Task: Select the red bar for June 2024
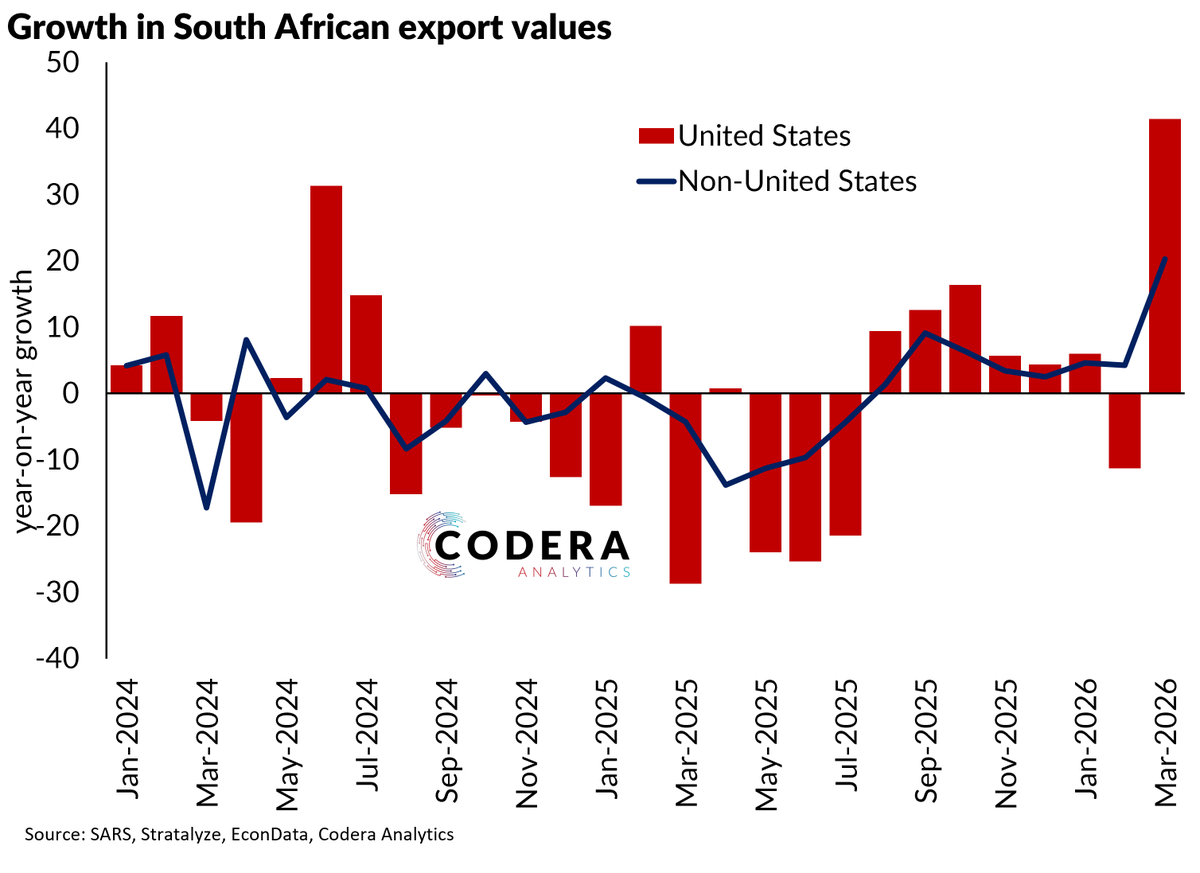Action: pyautogui.click(x=326, y=290)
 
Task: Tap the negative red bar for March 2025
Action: pyautogui.click(x=685, y=488)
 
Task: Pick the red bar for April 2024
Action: pyautogui.click(x=246, y=458)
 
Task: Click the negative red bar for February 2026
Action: pyautogui.click(x=1124, y=431)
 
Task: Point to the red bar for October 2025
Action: pyautogui.click(x=965, y=339)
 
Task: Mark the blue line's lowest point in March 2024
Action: pyautogui.click(x=206, y=508)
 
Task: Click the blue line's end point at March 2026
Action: pyautogui.click(x=1165, y=259)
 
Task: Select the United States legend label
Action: pyautogui.click(x=764, y=136)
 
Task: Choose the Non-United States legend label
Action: pyautogui.click(x=798, y=181)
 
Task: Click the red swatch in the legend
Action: pyautogui.click(x=656, y=136)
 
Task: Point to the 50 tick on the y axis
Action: pyautogui.click(x=62, y=63)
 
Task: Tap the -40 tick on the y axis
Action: pyautogui.click(x=57, y=658)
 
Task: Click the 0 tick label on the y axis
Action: pyautogui.click(x=71, y=394)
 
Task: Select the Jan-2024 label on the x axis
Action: pyautogui.click(x=127, y=740)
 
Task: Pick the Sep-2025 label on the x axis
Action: pyautogui.click(x=925, y=741)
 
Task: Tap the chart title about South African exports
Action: pyautogui.click(x=309, y=27)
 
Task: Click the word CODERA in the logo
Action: pyautogui.click(x=531, y=545)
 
